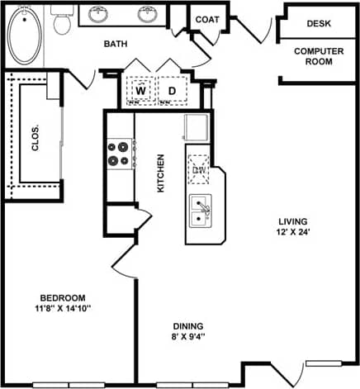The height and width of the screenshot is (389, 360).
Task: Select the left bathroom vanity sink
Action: pos(99,14)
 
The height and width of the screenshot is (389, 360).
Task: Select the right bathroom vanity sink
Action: pos(148,14)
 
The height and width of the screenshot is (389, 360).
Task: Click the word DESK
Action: pos(319,25)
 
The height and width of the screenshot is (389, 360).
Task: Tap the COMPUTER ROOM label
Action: pos(319,56)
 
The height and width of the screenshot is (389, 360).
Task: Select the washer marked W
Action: pos(140,90)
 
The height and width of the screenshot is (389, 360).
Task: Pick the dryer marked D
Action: pos(173,90)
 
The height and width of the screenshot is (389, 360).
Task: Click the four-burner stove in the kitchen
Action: pos(120,153)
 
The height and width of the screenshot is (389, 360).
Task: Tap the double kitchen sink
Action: pos(201,211)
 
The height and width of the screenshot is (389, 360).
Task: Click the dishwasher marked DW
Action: pos(199,169)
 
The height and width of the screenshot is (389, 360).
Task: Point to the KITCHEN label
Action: pos(161,173)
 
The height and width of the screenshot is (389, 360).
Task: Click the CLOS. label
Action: pos(36,132)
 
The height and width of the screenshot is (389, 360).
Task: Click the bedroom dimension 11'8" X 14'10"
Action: pos(63,310)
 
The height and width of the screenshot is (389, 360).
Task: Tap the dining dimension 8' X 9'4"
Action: pos(189,337)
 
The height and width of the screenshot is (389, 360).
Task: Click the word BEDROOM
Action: pos(63,297)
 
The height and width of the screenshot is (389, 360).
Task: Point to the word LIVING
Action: pos(292,221)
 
